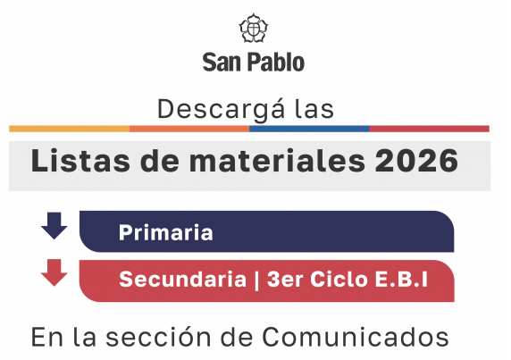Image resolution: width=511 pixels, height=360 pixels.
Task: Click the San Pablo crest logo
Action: [254, 29]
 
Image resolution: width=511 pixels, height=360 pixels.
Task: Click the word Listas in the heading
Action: [76, 161]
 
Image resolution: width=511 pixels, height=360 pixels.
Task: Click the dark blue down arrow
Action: [54, 226]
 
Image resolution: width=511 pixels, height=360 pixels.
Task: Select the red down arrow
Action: [54, 272]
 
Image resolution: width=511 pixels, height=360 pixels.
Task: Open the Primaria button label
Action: [165, 233]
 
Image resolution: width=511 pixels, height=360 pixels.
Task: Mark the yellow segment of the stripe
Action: [69, 129]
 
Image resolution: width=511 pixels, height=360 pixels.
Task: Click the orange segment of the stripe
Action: [189, 129]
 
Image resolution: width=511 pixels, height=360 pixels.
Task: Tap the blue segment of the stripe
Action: [309, 129]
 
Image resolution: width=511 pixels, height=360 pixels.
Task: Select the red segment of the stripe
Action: [429, 129]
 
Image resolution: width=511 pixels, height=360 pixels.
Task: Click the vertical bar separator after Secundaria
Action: [256, 279]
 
